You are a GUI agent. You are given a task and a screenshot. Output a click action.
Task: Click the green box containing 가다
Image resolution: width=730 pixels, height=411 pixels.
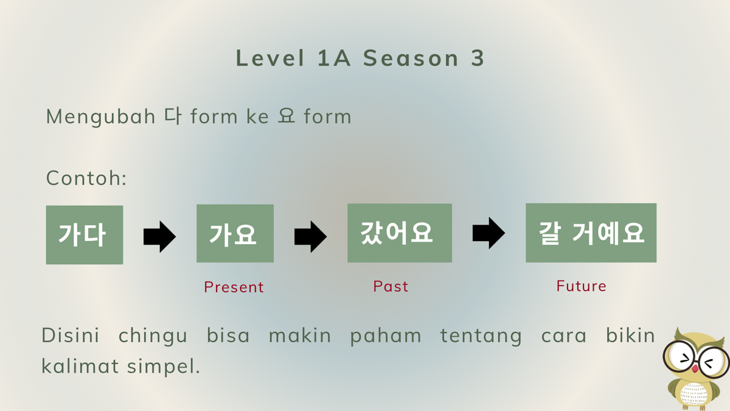pos(85,234)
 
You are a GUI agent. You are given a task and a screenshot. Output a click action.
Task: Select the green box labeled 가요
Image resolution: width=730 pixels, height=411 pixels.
pos(235,233)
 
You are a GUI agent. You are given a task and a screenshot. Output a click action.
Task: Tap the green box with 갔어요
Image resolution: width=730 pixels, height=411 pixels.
pos(399,233)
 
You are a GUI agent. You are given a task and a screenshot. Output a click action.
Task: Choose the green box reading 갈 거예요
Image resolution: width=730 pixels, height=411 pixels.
pos(591,233)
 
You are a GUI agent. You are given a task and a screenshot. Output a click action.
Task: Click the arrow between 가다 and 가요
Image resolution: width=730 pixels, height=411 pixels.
pos(159,236)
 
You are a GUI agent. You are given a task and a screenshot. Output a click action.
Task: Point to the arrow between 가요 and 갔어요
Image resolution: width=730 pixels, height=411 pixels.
pos(310,236)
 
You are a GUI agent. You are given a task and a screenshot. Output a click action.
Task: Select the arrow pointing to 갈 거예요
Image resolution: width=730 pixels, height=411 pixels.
pos(488,233)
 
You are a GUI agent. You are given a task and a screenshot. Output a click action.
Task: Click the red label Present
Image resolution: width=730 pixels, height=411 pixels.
pos(234,287)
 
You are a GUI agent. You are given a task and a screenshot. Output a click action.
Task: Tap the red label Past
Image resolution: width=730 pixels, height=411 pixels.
pos(391,286)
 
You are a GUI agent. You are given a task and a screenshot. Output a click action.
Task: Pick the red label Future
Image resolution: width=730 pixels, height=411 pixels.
pos(581,286)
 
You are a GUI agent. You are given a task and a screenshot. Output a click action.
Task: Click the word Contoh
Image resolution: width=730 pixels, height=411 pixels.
pos(86,178)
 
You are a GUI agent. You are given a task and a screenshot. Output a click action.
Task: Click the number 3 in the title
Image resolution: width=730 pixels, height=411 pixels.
pos(478,58)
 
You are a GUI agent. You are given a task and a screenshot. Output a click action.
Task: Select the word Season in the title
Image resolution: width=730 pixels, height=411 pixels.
pos(411,58)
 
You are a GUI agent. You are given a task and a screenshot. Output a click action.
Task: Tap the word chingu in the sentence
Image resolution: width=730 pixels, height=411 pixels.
pos(153,335)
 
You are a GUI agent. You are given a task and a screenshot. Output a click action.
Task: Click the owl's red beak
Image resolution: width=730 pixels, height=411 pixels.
pos(695,368)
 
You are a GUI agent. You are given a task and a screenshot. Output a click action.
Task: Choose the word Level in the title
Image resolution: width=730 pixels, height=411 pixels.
pos(270,58)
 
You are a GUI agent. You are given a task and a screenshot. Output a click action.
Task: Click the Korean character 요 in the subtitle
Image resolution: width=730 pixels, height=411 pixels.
pos(287,116)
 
